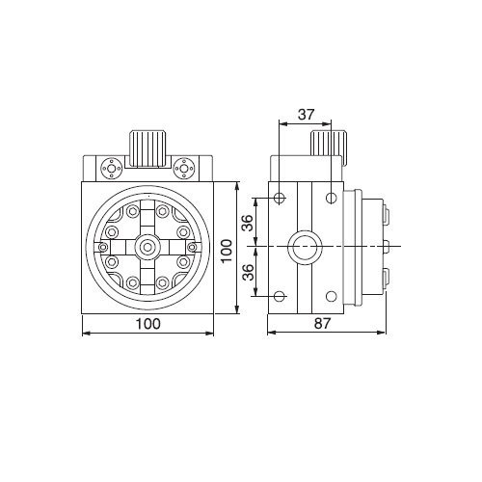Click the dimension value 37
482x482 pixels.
pyautogui.click(x=306, y=115)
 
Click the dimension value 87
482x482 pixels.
pyautogui.click(x=322, y=324)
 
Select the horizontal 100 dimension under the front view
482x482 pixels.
pyautogui.click(x=147, y=324)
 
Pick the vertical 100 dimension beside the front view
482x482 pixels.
pyautogui.click(x=227, y=251)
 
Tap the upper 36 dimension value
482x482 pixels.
pyautogui.click(x=248, y=223)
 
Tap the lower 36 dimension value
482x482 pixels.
pyautogui.click(x=248, y=273)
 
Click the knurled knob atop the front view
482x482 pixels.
pyautogui.click(x=147, y=149)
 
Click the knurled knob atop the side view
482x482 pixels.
pyautogui.click(x=328, y=144)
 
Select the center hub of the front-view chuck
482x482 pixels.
pyautogui.click(x=147, y=247)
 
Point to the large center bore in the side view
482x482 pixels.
pyautogui.click(x=304, y=247)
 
